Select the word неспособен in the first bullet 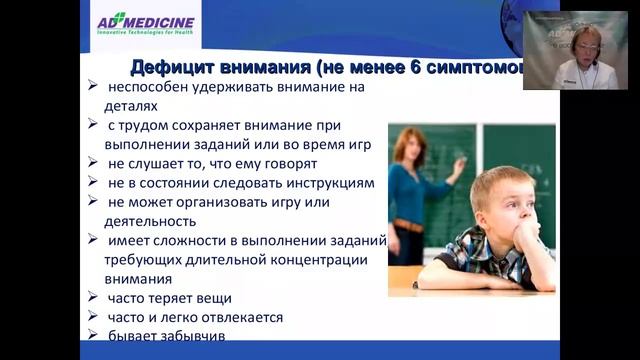(149, 88)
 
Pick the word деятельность (155, 221)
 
